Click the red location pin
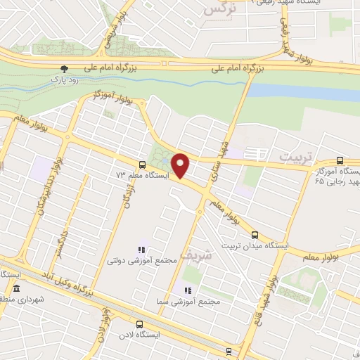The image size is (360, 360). click(x=181, y=166)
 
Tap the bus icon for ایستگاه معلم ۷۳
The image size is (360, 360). click(x=132, y=165)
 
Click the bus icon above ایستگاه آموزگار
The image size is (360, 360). click(x=341, y=161)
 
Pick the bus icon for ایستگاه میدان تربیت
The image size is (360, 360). click(x=255, y=235)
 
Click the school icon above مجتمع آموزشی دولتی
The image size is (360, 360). click(x=143, y=249)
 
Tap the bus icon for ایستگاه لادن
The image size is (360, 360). click(x=139, y=325)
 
